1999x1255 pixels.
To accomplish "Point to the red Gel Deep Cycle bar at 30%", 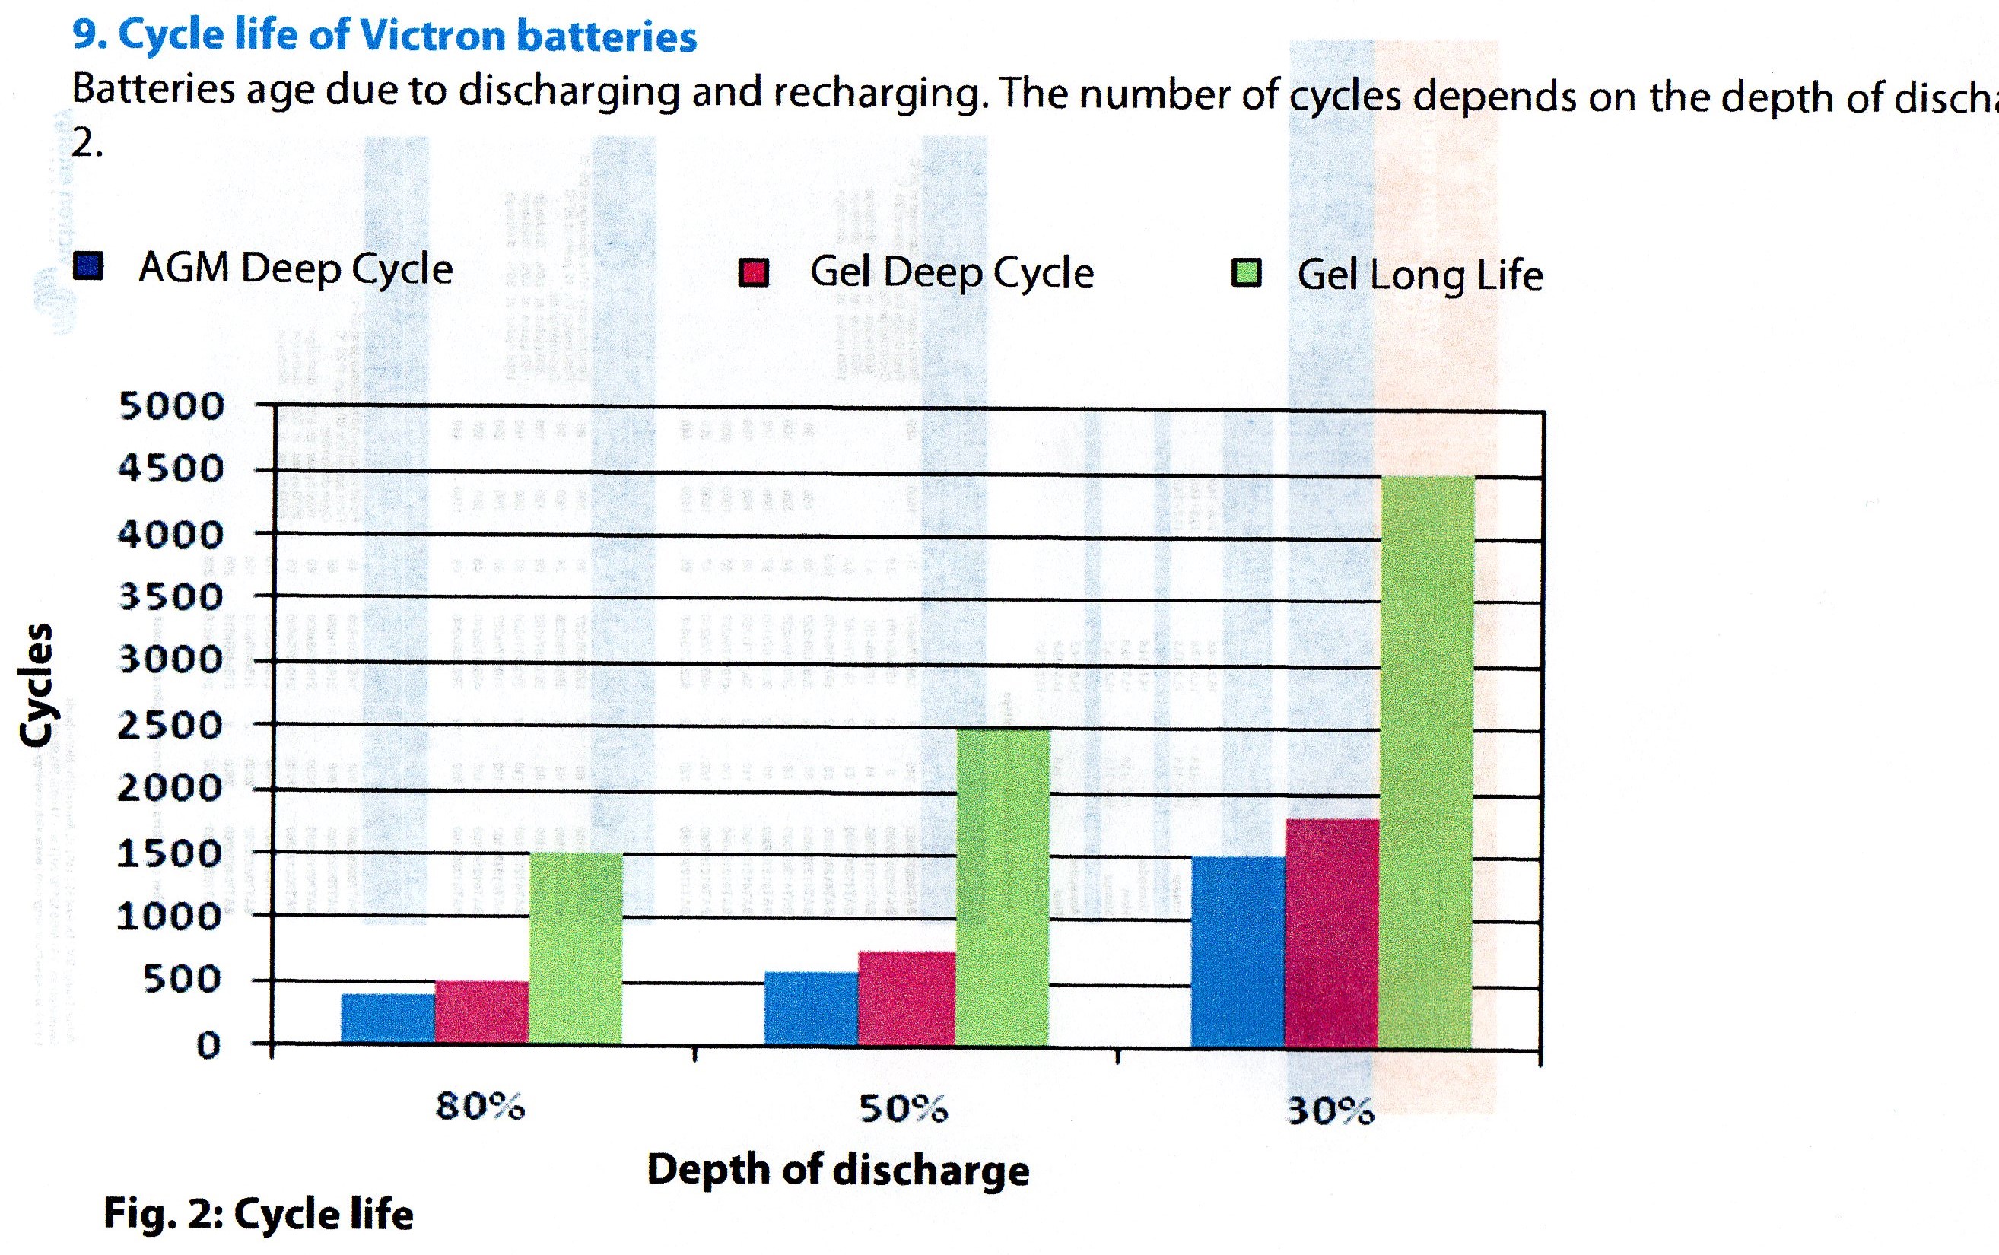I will pyautogui.click(x=1332, y=933).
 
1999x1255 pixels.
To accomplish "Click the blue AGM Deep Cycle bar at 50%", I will pyautogui.click(x=811, y=1008).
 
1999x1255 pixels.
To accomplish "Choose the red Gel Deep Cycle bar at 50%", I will pyautogui.click(x=906, y=998).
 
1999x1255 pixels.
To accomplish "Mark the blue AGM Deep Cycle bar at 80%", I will pyautogui.click(x=387, y=1018).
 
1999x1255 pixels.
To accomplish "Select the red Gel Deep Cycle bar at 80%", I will pyautogui.click(x=481, y=1012).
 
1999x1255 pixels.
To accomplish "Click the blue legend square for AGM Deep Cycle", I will pyautogui.click(x=89, y=266).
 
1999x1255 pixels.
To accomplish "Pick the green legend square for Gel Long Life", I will pyautogui.click(x=1247, y=273).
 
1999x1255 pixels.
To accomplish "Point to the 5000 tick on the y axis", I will pyautogui.click(x=172, y=406).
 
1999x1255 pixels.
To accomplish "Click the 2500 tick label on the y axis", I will pyautogui.click(x=170, y=726).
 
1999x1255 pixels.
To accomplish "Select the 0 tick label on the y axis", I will pyautogui.click(x=208, y=1044).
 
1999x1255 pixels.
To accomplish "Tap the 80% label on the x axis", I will pyautogui.click(x=481, y=1107).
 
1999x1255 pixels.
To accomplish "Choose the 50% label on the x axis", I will pyautogui.click(x=903, y=1108).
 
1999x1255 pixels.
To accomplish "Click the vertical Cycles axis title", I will pyautogui.click(x=37, y=685).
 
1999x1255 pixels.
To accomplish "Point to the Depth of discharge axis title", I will pyautogui.click(x=838, y=1170).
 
